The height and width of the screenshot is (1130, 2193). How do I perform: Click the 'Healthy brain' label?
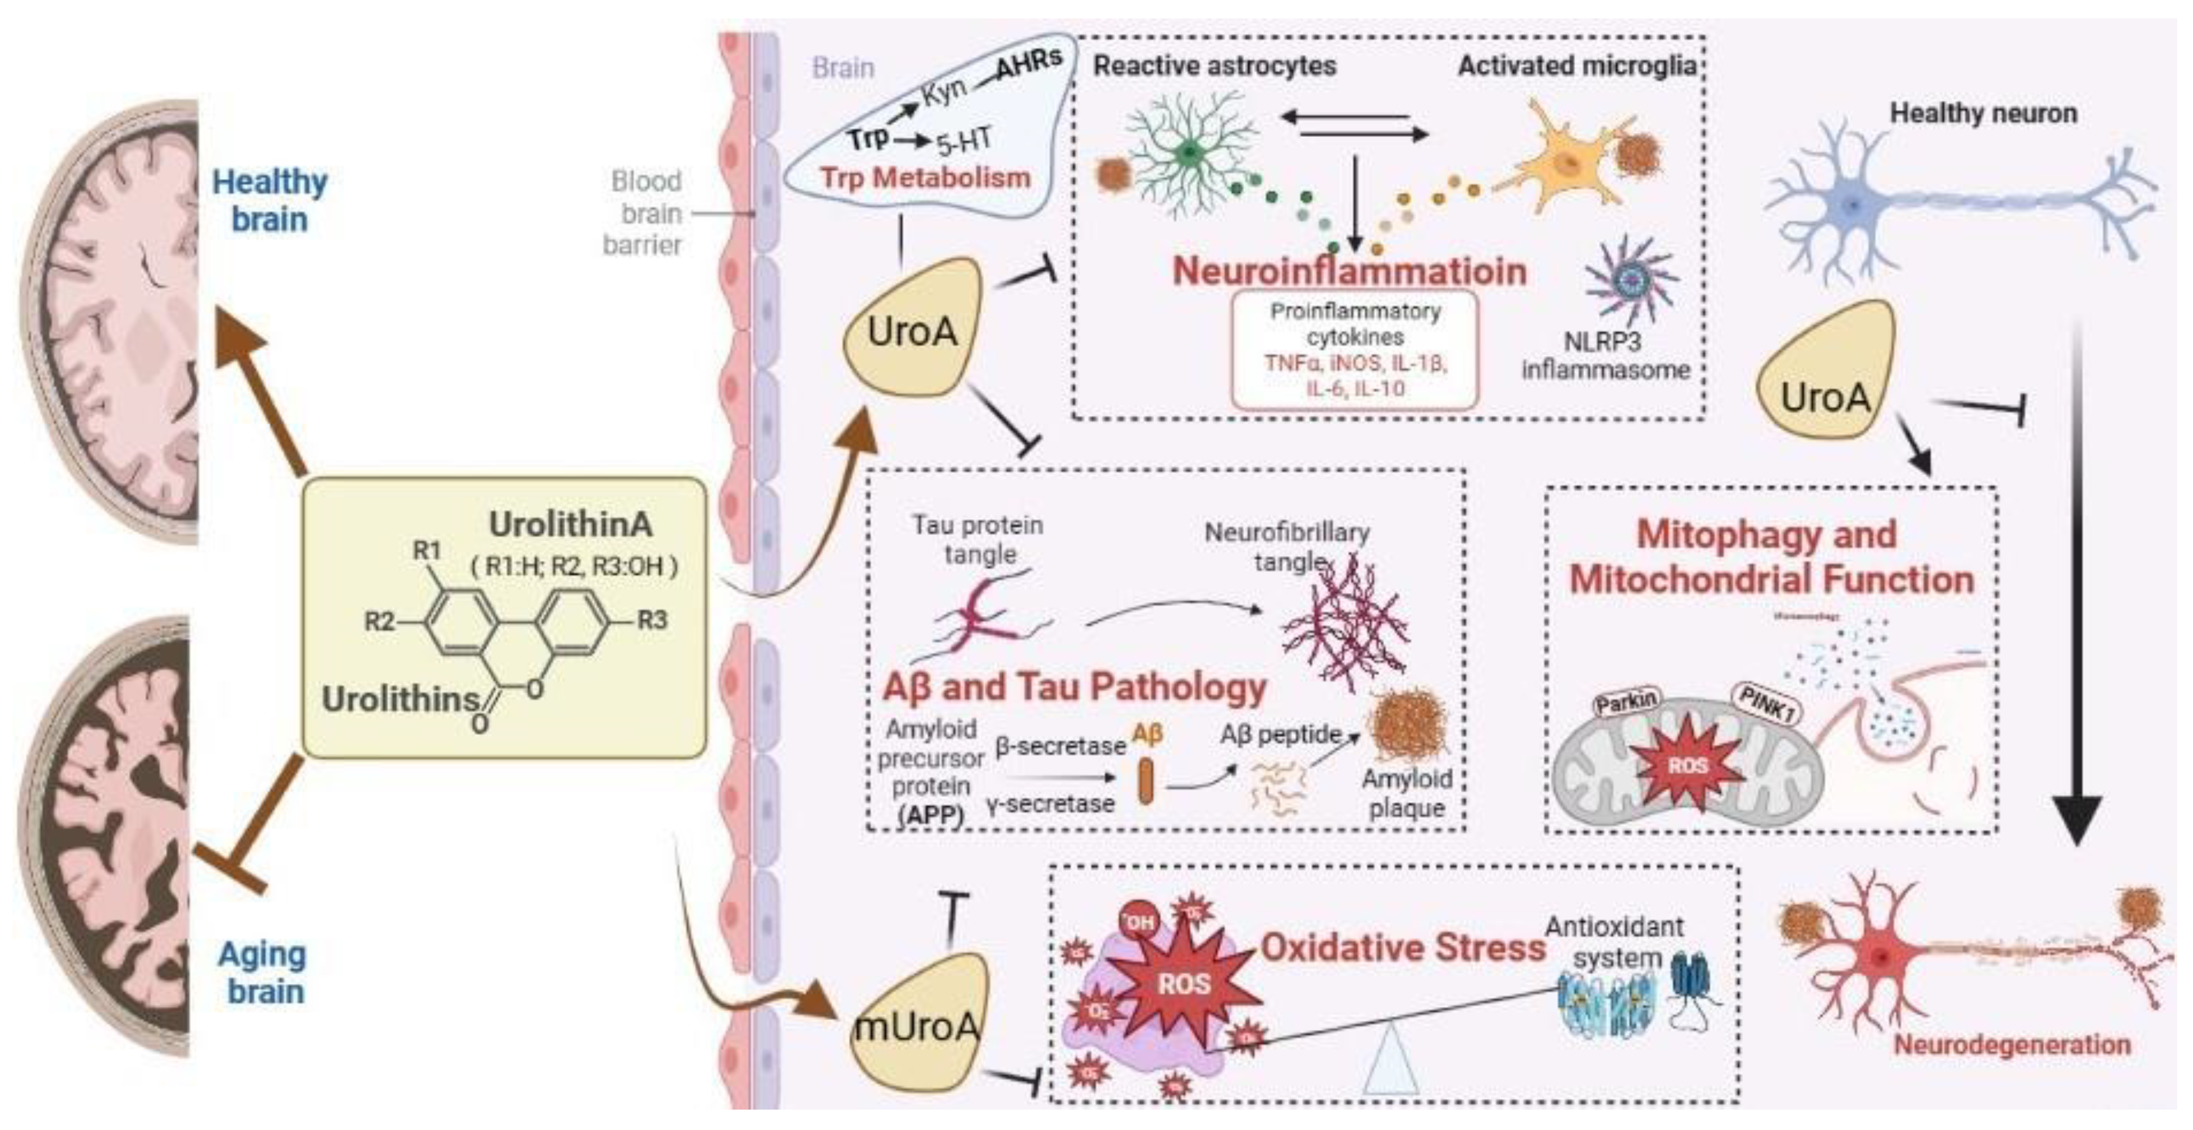(269, 200)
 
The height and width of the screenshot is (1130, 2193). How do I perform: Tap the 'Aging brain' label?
(263, 973)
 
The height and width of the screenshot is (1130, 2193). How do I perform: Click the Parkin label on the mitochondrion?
(1627, 702)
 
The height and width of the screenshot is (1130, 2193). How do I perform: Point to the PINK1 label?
(1767, 704)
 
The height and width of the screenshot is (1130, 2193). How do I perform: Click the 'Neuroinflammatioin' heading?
(1349, 270)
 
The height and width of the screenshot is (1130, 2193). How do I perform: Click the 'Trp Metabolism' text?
(925, 178)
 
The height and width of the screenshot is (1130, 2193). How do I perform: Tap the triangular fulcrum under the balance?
(1390, 1061)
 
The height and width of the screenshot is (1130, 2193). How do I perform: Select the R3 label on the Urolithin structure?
(652, 620)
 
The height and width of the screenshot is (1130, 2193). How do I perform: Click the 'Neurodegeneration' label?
(2011, 1045)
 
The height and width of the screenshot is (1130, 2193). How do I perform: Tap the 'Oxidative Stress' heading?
(1402, 948)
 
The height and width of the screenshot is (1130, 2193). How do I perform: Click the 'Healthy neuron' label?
(1983, 113)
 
